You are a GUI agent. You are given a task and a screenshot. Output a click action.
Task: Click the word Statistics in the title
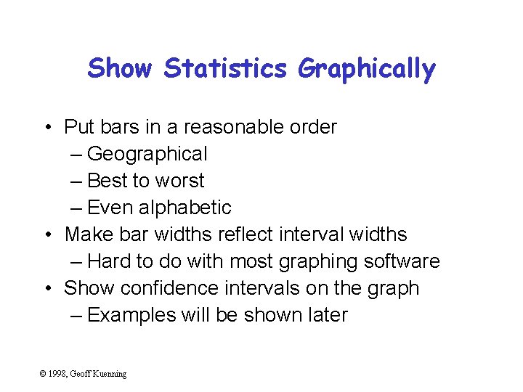226,69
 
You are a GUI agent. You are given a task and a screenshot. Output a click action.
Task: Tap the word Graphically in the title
366,70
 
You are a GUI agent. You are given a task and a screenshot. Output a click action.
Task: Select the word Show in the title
120,69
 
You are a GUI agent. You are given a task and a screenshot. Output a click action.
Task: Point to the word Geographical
147,154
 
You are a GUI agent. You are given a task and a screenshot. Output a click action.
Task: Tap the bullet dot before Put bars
46,128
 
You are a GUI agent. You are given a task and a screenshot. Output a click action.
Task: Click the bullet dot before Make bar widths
46,235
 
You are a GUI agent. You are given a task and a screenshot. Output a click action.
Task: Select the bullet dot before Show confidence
46,289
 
